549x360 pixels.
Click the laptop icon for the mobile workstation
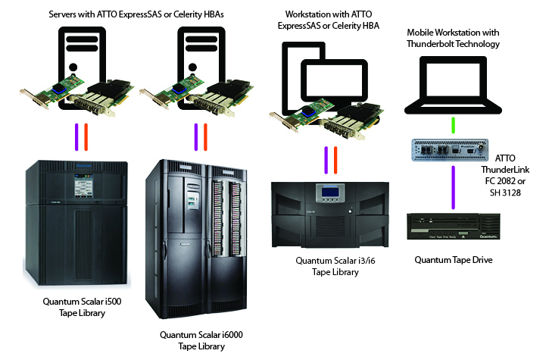coord(453,83)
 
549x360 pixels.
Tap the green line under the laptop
coord(453,123)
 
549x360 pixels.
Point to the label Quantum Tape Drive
coord(454,260)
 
